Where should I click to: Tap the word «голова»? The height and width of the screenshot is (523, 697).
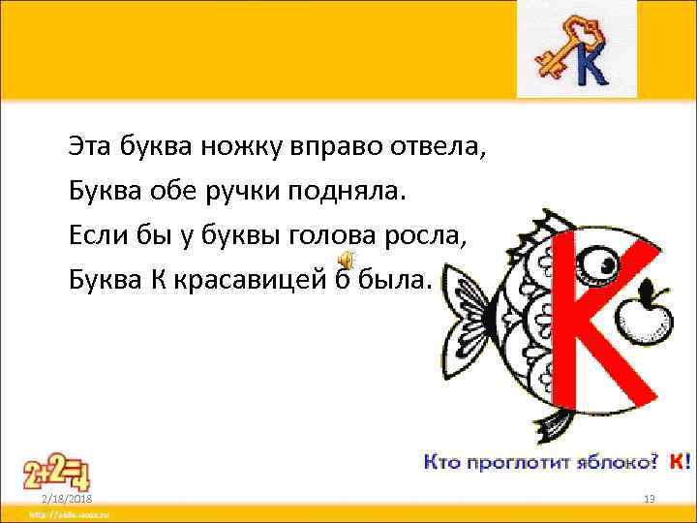tap(360, 235)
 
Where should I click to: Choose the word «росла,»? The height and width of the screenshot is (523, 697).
tap(444, 235)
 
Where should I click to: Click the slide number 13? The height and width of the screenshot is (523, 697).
tap(650, 497)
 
